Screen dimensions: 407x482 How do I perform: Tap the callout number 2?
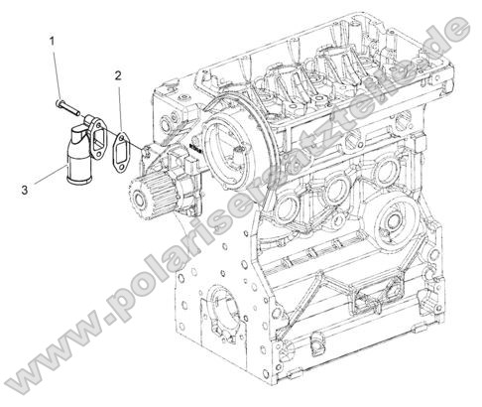point(118,74)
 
